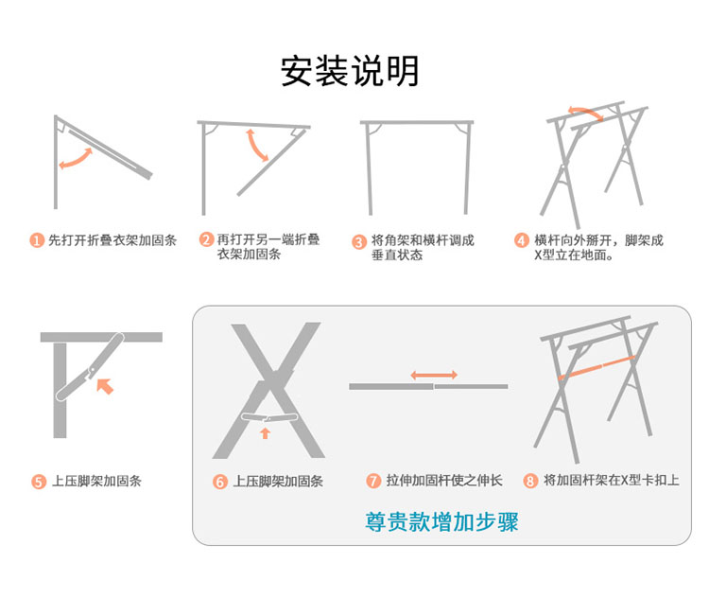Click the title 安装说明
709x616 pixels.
pyautogui.click(x=350, y=71)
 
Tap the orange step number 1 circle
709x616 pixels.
pyautogui.click(x=37, y=240)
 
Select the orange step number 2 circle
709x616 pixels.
pyautogui.click(x=206, y=239)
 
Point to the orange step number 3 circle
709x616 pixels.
pyautogui.click(x=359, y=241)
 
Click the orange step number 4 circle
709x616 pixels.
pyautogui.click(x=521, y=240)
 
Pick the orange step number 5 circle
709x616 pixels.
pyautogui.click(x=39, y=482)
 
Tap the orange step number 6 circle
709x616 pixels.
pyautogui.click(x=219, y=482)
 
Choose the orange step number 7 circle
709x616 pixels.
pyautogui.click(x=373, y=481)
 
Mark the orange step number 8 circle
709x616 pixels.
pyautogui.click(x=530, y=481)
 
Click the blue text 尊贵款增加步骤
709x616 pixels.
pyautogui.click(x=441, y=522)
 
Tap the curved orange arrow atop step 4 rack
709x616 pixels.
pyautogui.click(x=586, y=112)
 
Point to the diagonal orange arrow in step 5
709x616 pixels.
pyautogui.click(x=105, y=386)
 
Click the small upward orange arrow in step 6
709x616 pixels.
pyautogui.click(x=265, y=432)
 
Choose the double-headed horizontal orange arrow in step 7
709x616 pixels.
pyautogui.click(x=434, y=375)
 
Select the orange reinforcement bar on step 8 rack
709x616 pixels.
pyautogui.click(x=596, y=368)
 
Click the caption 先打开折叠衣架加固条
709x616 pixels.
pyautogui.click(x=112, y=240)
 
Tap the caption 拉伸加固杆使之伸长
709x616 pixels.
pyautogui.click(x=444, y=481)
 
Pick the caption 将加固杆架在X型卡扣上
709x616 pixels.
pyautogui.click(x=612, y=481)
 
